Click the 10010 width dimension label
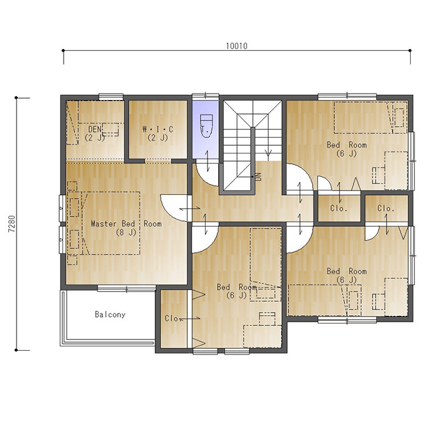(x=237, y=46)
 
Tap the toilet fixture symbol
(x=206, y=125)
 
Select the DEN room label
(x=95, y=129)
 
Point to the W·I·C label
(x=158, y=129)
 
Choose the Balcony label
(x=110, y=315)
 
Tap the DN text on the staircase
(x=259, y=176)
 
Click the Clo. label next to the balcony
(x=173, y=318)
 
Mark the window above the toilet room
(x=206, y=96)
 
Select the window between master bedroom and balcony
(x=127, y=289)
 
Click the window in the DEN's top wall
(x=111, y=96)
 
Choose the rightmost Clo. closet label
(x=386, y=208)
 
